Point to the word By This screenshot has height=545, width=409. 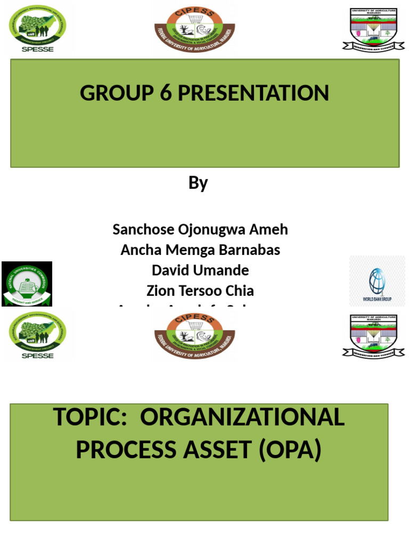tap(198, 183)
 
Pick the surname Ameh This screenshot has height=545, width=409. tap(268, 230)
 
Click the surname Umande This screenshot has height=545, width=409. tap(224, 270)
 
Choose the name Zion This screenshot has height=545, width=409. tap(160, 291)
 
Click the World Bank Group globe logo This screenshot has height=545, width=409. tap(377, 281)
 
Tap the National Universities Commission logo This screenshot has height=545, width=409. tap(27, 284)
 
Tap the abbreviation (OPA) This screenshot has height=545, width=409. tap(291, 450)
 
